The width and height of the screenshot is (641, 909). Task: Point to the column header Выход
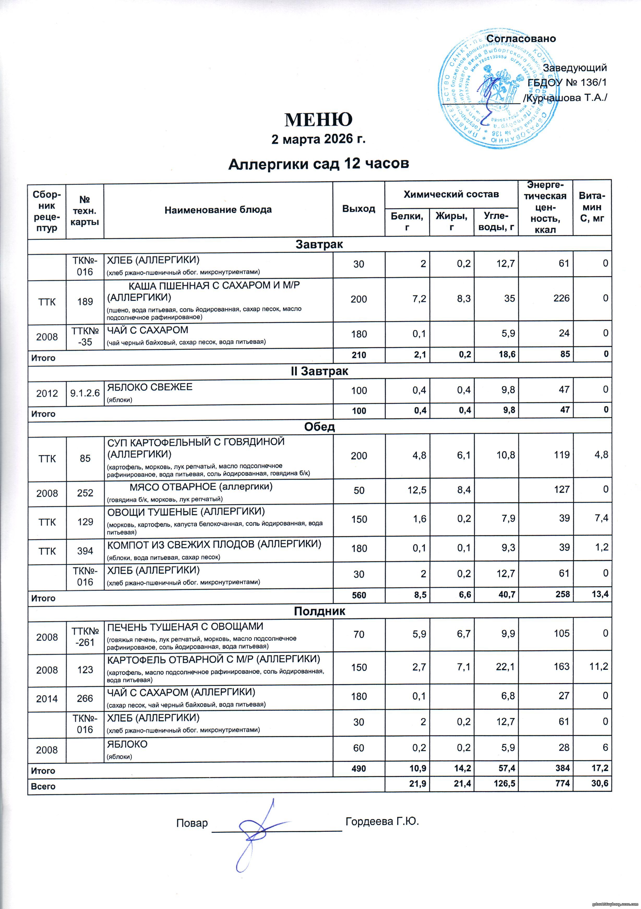[x=359, y=209]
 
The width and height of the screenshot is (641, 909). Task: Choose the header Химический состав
[x=451, y=194]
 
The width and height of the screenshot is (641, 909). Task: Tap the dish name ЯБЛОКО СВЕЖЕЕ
[x=150, y=387]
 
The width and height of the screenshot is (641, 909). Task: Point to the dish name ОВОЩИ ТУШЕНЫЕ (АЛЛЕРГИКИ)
[x=186, y=512]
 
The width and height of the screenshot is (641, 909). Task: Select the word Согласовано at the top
[x=521, y=39]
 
